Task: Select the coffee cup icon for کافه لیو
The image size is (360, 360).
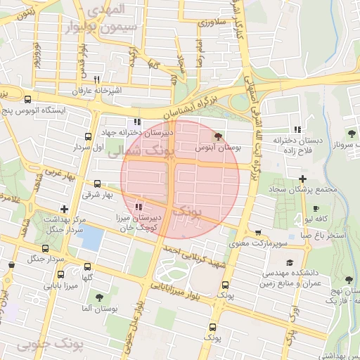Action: click(x=316, y=209)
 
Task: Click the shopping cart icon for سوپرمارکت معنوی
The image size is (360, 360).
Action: click(x=258, y=233)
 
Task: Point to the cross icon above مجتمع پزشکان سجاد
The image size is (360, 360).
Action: click(x=302, y=179)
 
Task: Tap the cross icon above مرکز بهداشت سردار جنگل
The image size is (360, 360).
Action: click(x=65, y=209)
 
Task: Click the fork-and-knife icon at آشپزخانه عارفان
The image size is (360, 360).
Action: click(x=97, y=79)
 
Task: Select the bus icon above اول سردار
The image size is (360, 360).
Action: click(x=88, y=136)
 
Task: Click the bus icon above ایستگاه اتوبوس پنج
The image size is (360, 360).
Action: click(x=27, y=99)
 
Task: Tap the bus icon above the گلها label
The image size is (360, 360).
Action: click(x=88, y=266)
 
